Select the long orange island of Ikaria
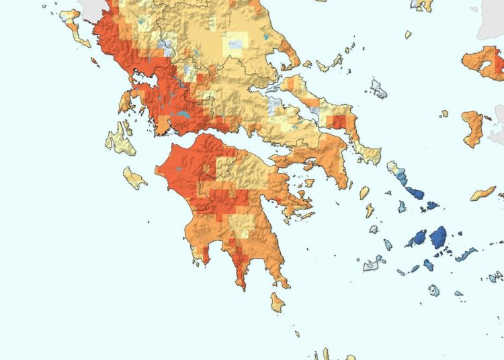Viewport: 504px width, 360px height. pyautogui.click(x=482, y=194)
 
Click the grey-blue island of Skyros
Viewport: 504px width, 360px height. pyautogui.click(x=379, y=87)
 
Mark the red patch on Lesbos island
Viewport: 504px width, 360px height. pyautogui.click(x=498, y=66)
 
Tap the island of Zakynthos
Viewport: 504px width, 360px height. pyautogui.click(x=135, y=178)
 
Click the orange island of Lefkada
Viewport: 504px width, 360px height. pyautogui.click(x=124, y=103)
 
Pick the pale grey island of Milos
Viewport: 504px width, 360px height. pyautogui.click(x=373, y=264)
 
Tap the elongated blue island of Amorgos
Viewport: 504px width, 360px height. pyautogui.click(x=466, y=255)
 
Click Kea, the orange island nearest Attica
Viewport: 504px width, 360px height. pyautogui.click(x=365, y=193)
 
